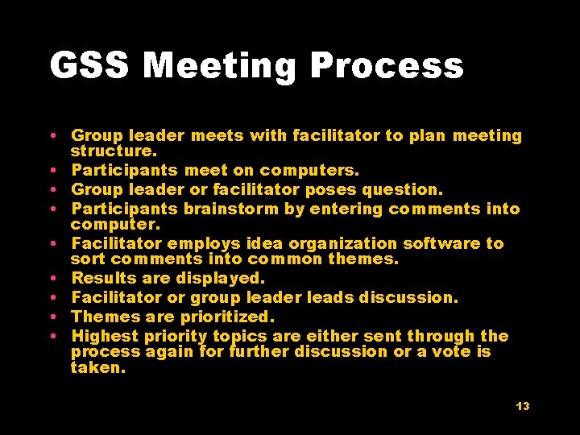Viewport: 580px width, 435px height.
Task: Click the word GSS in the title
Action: (x=89, y=66)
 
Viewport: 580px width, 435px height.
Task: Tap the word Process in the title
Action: (x=387, y=66)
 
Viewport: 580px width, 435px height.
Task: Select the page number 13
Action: (x=523, y=406)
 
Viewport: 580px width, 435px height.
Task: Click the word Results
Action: (x=100, y=278)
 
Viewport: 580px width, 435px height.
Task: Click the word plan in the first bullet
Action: (x=427, y=136)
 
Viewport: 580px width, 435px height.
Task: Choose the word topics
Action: (x=239, y=336)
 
